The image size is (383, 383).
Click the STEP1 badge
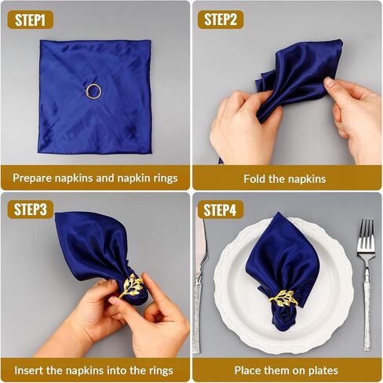32,19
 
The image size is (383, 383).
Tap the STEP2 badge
221,19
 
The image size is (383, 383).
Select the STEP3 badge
32,210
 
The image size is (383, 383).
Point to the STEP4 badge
221,210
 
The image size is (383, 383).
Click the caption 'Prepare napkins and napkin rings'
95,178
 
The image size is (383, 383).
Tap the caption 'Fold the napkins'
287,178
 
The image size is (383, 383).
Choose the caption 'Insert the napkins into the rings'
95,369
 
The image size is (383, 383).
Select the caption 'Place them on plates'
287,369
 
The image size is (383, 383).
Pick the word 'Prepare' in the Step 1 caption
34,178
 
